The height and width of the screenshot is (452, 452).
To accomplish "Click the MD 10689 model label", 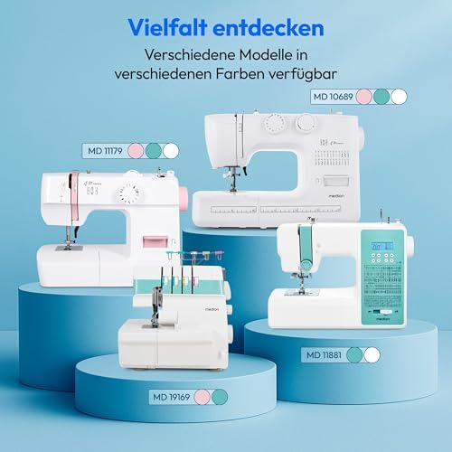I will point(331,96).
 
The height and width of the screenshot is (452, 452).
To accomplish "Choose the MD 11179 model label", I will point(102,151).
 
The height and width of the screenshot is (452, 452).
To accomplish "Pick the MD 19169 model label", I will point(170,395).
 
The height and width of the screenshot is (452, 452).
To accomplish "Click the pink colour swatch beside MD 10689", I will point(365,96).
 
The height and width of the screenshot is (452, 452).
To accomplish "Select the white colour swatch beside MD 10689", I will point(398,96).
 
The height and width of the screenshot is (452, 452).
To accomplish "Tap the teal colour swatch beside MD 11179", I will point(153,151).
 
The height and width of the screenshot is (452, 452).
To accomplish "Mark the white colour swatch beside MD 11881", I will point(371,354).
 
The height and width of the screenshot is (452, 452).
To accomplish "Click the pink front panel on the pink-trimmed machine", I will point(156,243).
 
